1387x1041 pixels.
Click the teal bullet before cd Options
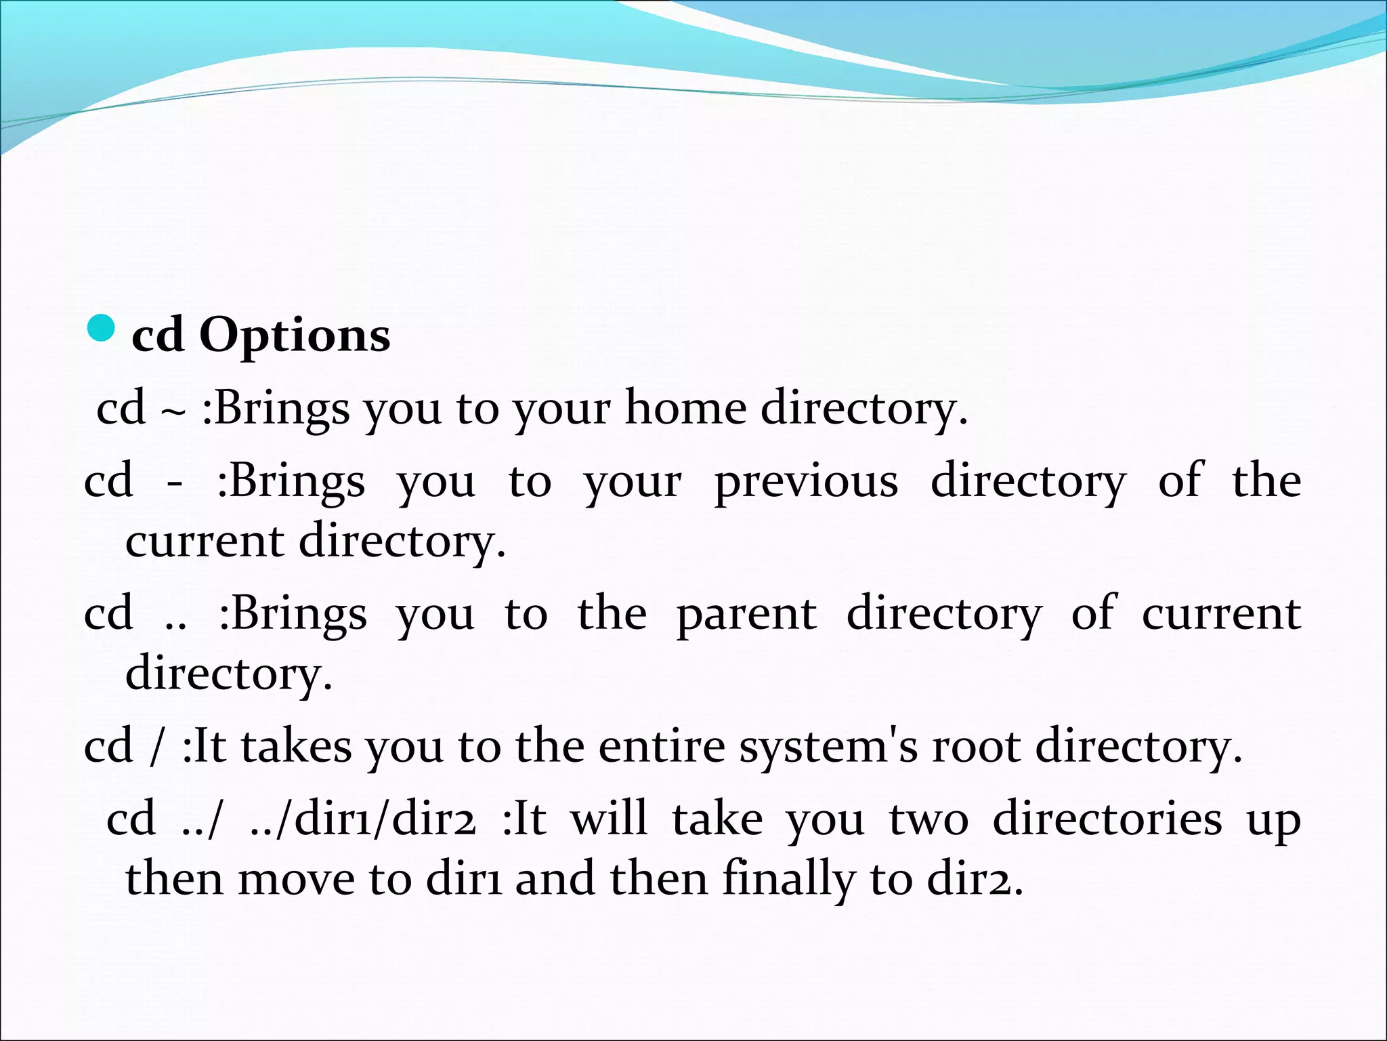[x=102, y=328]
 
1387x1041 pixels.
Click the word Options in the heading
[x=295, y=335]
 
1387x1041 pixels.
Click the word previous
[x=807, y=483]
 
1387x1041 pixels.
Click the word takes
[x=296, y=746]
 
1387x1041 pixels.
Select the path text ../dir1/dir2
[x=362, y=819]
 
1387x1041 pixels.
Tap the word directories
[x=1107, y=818]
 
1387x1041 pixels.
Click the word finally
[x=788, y=879]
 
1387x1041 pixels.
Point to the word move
[x=296, y=879]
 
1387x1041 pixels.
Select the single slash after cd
[x=158, y=748]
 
